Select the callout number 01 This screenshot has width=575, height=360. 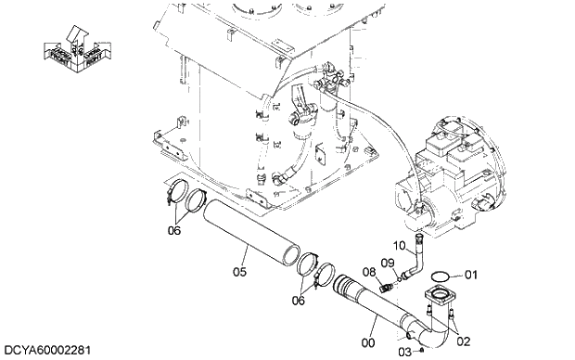470,274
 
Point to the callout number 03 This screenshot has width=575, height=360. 404,351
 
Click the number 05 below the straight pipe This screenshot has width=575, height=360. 239,272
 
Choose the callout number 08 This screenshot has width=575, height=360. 368,271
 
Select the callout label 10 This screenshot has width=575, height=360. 401,245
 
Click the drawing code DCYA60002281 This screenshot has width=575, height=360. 46,350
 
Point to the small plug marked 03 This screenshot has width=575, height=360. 421,351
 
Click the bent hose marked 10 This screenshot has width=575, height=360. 415,259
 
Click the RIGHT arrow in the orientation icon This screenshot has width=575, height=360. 93,57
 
